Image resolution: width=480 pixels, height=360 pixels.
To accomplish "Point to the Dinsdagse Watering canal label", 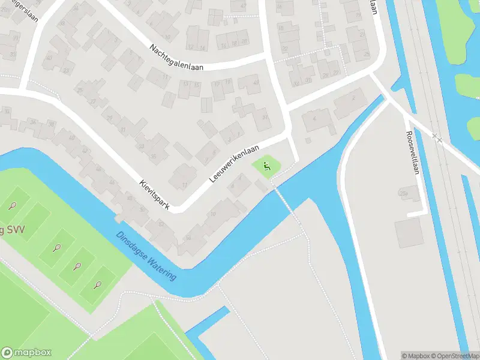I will coord(146,257).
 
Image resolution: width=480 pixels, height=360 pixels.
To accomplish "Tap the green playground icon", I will coord(266,166).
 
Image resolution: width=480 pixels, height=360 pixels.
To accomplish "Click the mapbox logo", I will coord(26,353).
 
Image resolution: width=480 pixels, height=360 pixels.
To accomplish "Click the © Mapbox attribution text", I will coord(416,356).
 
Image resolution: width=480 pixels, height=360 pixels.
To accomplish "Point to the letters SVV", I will coord(7,232).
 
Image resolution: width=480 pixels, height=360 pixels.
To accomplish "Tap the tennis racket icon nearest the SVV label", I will coord(13,206).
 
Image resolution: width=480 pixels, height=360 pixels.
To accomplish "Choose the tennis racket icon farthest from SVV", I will coord(98,284).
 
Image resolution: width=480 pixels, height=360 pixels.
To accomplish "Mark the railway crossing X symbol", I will coord(437,138).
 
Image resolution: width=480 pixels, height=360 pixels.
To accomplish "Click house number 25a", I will coord(403,194).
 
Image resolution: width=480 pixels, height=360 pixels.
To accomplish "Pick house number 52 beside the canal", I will coord(161,223).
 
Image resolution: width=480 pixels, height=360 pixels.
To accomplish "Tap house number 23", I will coord(65,71).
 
